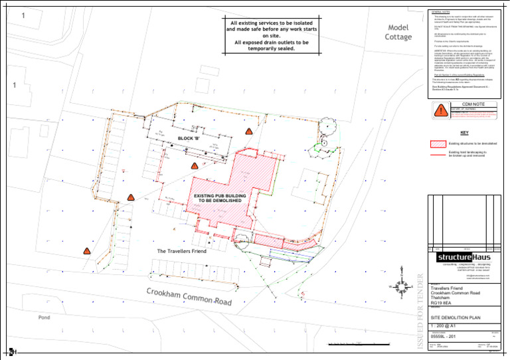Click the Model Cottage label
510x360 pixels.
[398, 32]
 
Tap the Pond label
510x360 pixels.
[44, 317]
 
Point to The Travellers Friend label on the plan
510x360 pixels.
[181, 252]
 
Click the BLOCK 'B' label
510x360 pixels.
[189, 138]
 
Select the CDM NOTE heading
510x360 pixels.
[464, 104]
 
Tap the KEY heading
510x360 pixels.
[464, 132]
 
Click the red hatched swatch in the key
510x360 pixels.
[438, 143]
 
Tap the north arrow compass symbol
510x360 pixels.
[401, 286]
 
